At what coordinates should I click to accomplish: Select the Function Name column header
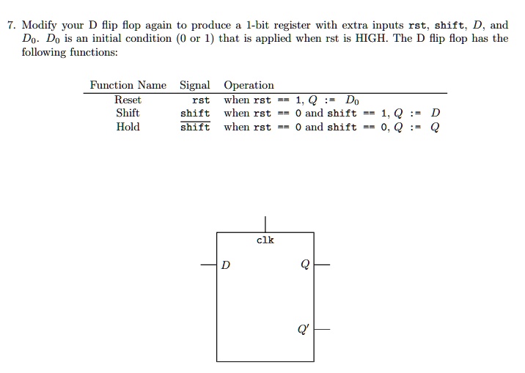click(128, 85)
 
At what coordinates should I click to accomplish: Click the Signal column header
click(195, 85)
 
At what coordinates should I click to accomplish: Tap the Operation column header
click(249, 85)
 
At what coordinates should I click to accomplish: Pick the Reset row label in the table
click(128, 100)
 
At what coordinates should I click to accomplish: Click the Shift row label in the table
click(128, 113)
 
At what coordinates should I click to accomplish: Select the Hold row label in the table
click(128, 127)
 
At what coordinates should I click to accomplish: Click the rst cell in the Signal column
click(200, 100)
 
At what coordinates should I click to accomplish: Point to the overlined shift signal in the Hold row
click(195, 128)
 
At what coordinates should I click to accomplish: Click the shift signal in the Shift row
click(195, 114)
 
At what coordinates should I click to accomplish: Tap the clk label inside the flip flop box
click(265, 240)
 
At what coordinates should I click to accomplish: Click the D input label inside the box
click(226, 265)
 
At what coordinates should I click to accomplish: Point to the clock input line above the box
click(265, 224)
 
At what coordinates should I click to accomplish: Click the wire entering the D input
click(209, 265)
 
